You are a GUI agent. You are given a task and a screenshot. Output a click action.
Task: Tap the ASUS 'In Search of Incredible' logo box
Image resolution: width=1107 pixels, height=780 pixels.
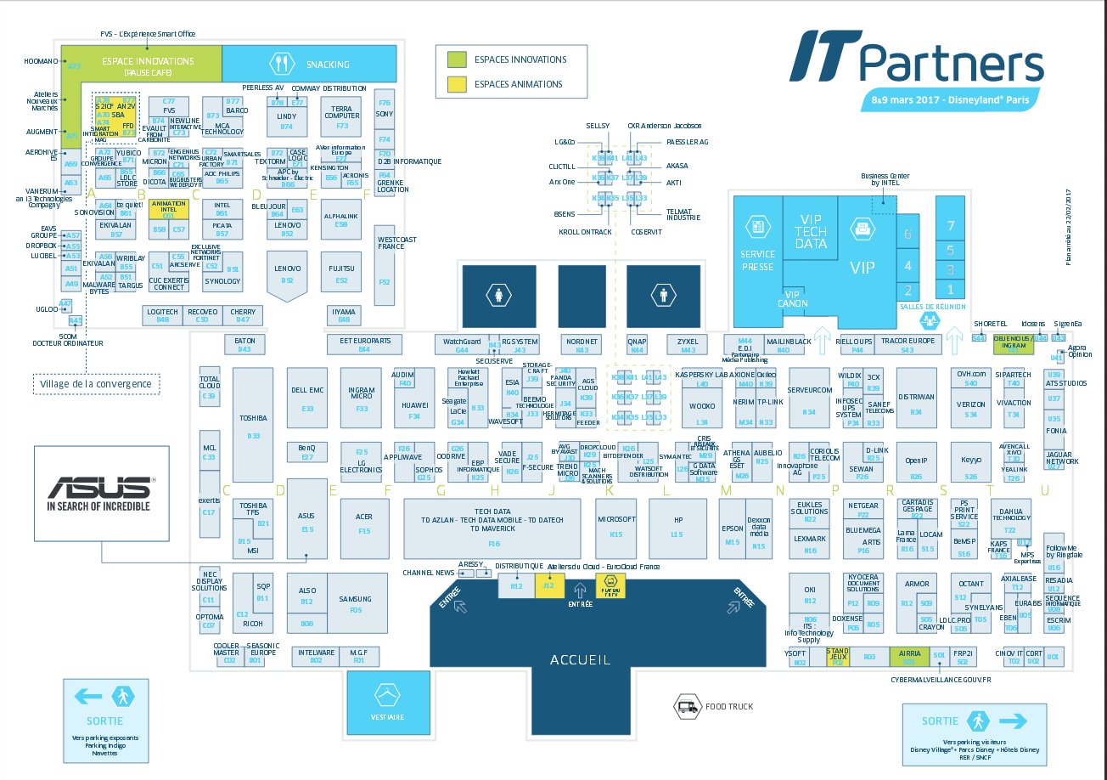pos(101,493)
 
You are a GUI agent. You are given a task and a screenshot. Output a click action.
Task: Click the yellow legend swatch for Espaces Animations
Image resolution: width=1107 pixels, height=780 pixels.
pos(457,84)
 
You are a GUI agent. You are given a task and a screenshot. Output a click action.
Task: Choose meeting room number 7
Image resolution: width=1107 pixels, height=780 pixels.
pos(951,225)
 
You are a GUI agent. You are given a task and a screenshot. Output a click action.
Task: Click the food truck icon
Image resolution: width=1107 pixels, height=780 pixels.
pos(685,705)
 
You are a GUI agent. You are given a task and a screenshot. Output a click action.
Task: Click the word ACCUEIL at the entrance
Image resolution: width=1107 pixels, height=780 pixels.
pos(580,659)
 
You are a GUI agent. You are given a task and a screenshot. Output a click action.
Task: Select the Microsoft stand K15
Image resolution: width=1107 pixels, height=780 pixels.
pos(616,525)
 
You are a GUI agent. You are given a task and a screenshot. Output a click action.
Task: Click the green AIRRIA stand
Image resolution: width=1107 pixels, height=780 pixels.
pos(908,656)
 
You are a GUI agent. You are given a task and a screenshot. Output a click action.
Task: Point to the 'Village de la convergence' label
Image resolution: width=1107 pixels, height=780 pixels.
pos(96,384)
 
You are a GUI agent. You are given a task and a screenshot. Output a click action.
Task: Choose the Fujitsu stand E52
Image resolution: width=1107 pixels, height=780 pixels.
pos(341,274)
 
